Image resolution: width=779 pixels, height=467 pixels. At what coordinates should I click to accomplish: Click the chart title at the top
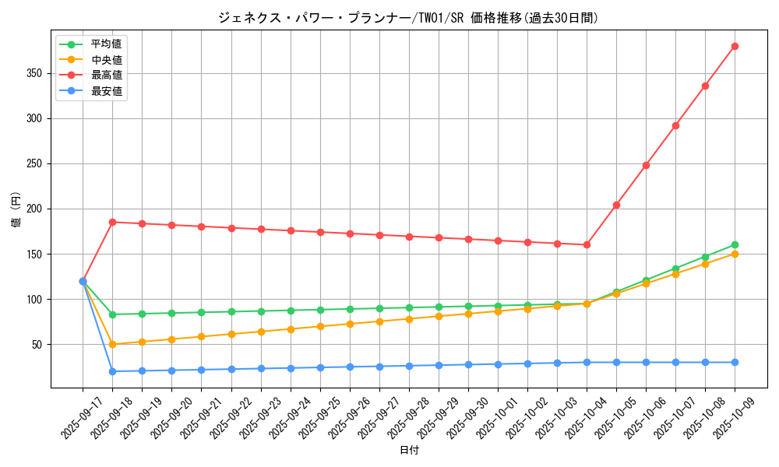(408, 18)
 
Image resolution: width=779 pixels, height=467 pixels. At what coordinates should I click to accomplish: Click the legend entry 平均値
(106, 44)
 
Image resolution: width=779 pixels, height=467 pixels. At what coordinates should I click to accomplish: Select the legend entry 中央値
(106, 60)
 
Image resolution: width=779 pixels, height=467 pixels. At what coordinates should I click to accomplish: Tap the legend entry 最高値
(106, 75)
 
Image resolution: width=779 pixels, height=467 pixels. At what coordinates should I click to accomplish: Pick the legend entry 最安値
(106, 91)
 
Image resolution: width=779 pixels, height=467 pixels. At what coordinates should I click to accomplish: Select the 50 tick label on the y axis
(39, 345)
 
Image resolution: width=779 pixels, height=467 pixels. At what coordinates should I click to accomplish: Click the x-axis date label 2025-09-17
(80, 418)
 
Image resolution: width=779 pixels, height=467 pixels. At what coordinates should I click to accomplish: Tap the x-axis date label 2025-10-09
(732, 418)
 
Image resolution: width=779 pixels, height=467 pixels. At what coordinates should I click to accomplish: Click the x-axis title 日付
(409, 451)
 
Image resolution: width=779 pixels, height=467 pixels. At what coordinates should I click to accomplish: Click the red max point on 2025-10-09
(735, 47)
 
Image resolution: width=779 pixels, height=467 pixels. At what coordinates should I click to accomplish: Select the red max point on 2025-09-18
(112, 222)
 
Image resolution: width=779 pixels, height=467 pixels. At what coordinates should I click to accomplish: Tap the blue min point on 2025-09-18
(112, 371)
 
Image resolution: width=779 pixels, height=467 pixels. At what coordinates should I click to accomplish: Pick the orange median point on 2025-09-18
(112, 344)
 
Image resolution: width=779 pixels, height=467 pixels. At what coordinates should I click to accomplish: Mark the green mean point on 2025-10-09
(735, 245)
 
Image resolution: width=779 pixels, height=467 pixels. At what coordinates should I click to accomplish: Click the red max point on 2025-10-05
(616, 205)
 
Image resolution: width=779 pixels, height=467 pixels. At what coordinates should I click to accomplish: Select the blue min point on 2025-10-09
(735, 362)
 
